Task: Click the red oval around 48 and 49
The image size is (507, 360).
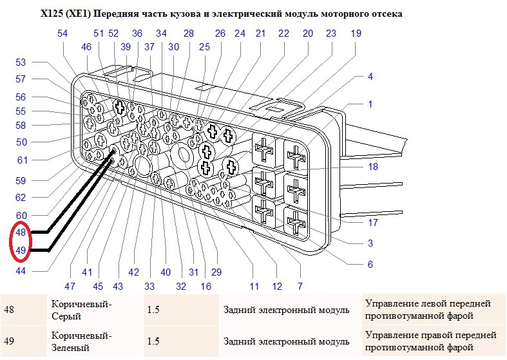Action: [x=11, y=241]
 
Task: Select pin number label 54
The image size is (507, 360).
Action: [x=62, y=33]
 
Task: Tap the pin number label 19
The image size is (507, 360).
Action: [x=356, y=33]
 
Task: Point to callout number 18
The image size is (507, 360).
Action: [x=373, y=166]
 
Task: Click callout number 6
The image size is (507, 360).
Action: [x=370, y=265]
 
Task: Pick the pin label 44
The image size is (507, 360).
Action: [x=21, y=271]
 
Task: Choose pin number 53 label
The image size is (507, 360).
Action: [x=21, y=62]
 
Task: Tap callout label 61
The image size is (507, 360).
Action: [x=23, y=160]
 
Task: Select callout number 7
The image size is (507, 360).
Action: [x=300, y=287]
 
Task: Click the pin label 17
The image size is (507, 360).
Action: [x=373, y=223]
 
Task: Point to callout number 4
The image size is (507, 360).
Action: [x=370, y=77]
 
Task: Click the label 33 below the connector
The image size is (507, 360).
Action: [x=149, y=287]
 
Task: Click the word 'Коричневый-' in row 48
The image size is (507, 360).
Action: [x=81, y=304]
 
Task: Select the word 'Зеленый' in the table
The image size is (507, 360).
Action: [x=70, y=348]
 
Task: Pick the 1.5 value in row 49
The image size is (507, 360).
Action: [x=153, y=341]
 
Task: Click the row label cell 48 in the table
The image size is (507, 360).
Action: [x=9, y=310]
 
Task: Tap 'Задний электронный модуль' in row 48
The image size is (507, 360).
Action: [x=287, y=310]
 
